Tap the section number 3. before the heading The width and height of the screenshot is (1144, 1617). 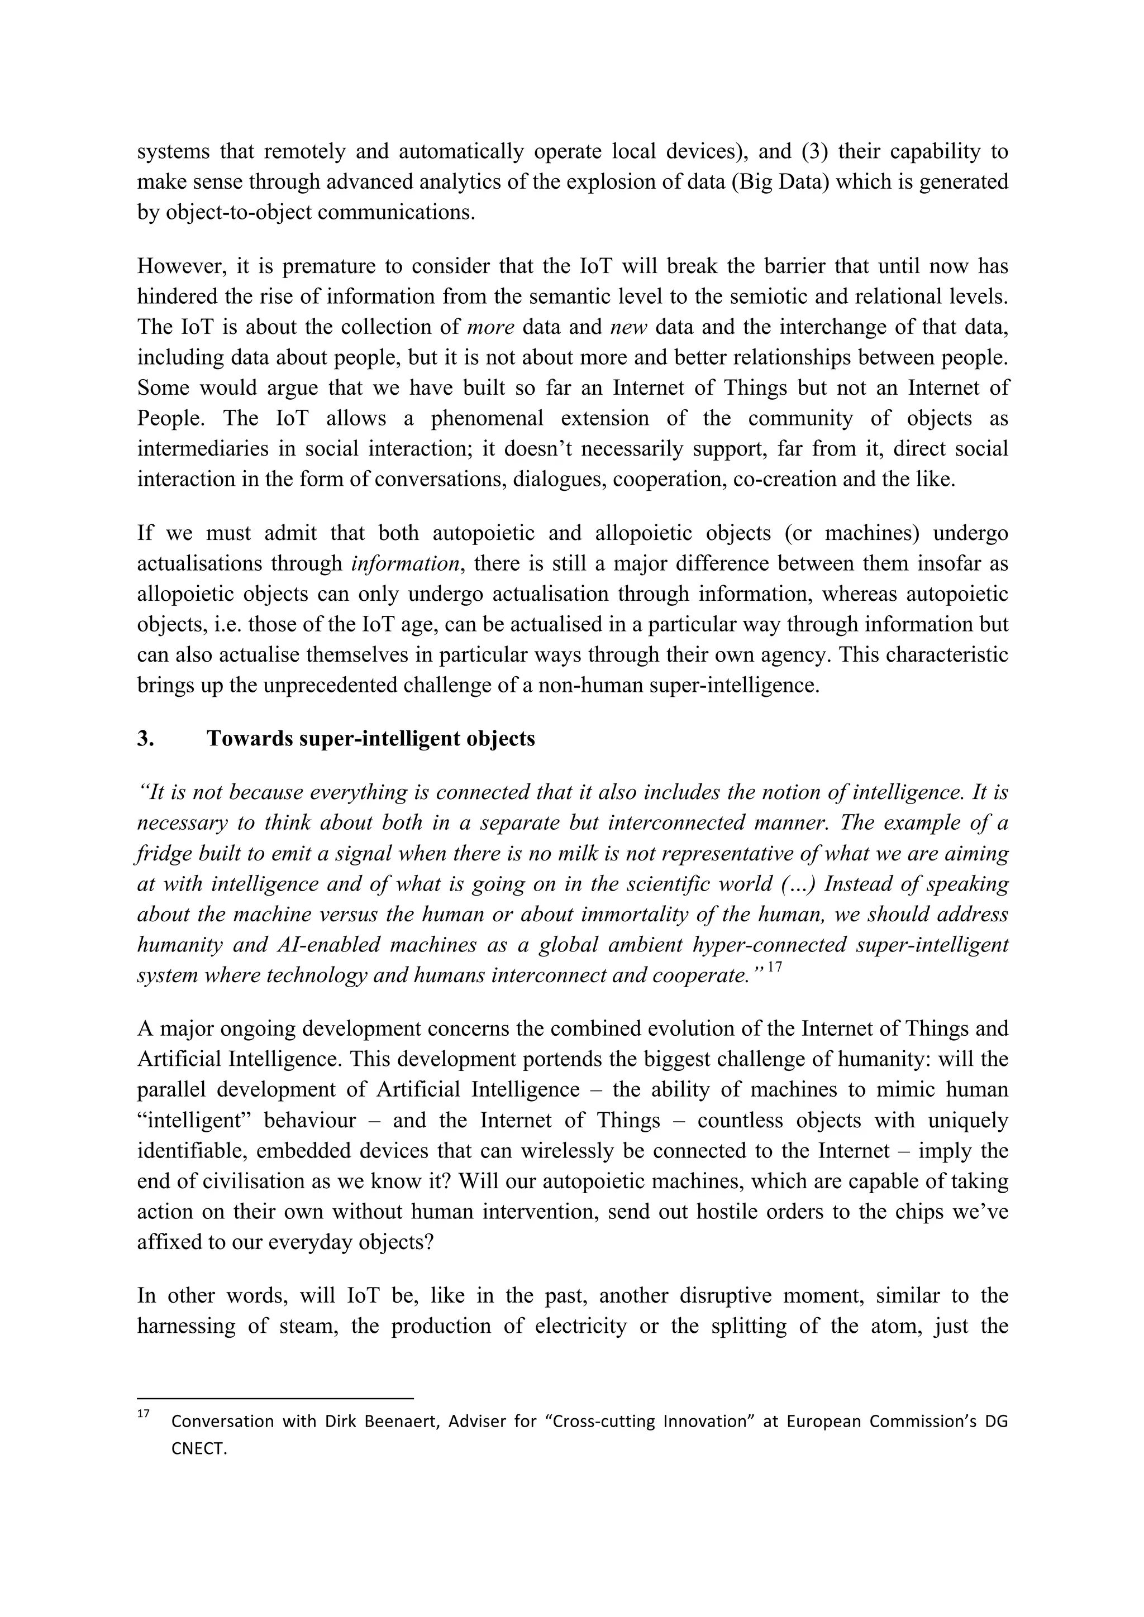[146, 739]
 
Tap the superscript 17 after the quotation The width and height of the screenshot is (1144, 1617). [774, 967]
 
